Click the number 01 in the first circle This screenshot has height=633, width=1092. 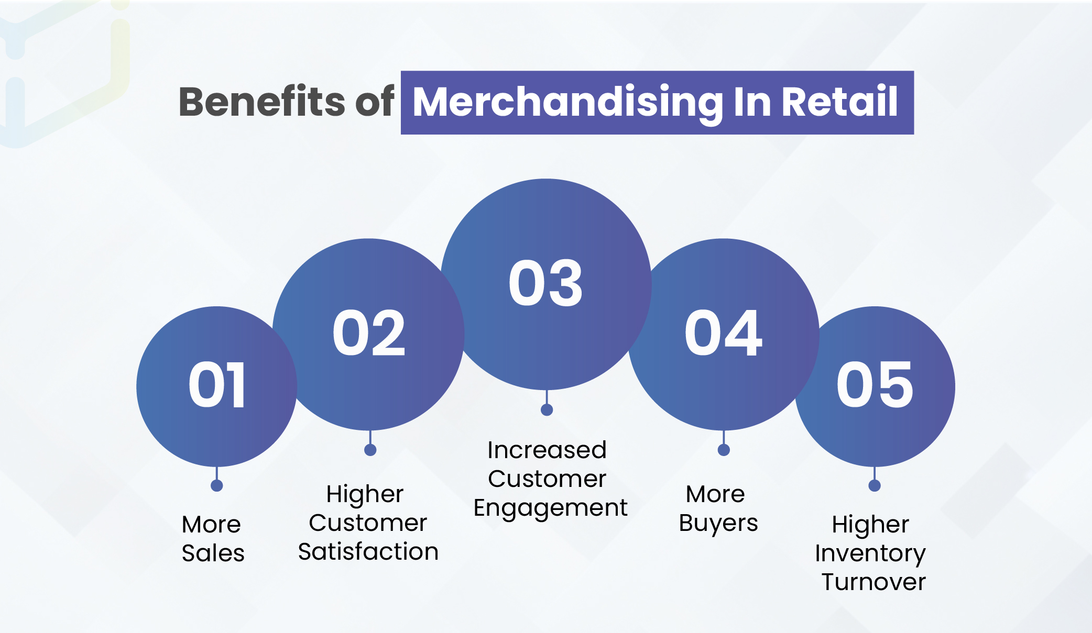click(217, 385)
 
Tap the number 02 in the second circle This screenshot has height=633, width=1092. click(369, 332)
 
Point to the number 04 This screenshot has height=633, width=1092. click(723, 332)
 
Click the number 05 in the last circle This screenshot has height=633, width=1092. click(875, 385)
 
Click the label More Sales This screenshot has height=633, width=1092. click(213, 538)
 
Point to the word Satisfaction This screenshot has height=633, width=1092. click(368, 551)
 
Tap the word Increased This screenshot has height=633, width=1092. click(547, 450)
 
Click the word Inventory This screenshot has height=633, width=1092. click(870, 554)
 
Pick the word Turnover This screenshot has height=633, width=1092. click(873, 582)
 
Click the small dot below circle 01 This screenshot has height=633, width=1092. click(217, 486)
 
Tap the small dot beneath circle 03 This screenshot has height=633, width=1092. click(547, 410)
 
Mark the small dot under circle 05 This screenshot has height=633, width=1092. click(875, 486)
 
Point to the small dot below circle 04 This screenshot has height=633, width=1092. click(724, 450)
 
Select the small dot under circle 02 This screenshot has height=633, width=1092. click(370, 450)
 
